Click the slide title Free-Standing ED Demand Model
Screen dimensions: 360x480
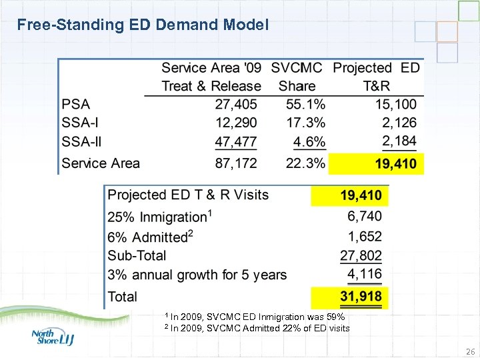[143, 25]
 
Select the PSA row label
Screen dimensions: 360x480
[76, 105]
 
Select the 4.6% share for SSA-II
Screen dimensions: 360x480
[309, 141]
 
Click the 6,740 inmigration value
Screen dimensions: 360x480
[365, 217]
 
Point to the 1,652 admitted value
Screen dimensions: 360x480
[365, 236]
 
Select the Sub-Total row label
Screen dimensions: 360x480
[137, 255]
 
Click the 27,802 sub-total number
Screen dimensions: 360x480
[361, 255]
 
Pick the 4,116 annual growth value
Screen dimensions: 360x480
[365, 274]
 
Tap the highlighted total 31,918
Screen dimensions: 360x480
[361, 297]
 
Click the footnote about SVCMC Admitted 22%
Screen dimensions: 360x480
[257, 328]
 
